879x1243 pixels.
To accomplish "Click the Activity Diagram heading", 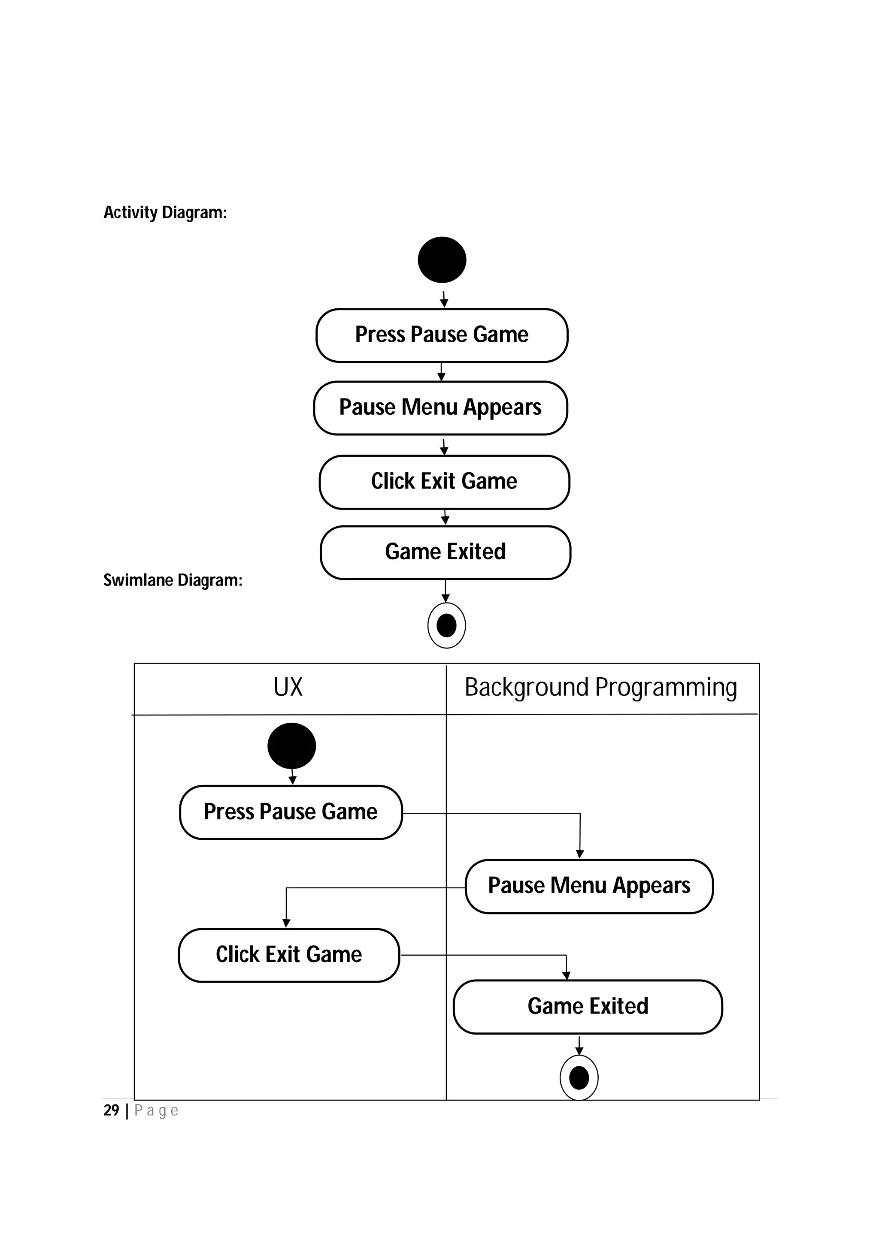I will tap(165, 212).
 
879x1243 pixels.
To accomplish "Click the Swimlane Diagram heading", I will tap(173, 580).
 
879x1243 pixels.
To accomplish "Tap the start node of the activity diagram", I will tap(442, 260).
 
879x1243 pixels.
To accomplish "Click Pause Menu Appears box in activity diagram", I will tap(440, 407).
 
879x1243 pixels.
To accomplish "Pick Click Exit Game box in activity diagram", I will tap(444, 482).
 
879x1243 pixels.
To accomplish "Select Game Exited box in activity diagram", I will tap(445, 552).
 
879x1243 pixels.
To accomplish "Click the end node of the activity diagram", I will tap(446, 625).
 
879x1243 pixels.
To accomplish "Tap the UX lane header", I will tap(288, 688).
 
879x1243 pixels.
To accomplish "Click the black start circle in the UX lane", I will tap(291, 745).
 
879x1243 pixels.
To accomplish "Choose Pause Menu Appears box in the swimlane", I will tap(589, 886).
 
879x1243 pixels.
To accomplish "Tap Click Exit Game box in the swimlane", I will tap(289, 955).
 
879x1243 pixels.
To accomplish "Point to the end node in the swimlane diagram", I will tap(579, 1078).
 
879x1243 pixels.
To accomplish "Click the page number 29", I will tap(111, 1110).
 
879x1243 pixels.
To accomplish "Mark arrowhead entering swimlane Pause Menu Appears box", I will tap(579, 854).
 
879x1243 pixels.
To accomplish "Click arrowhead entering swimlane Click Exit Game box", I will tap(287, 923).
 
